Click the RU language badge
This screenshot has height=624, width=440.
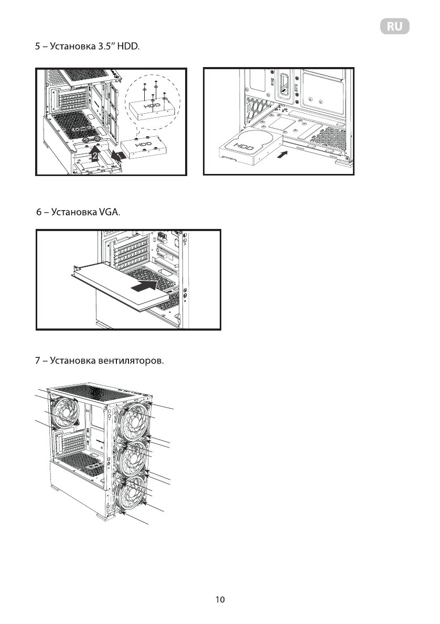394,27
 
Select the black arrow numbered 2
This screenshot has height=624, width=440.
94,153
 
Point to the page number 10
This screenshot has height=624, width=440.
220,599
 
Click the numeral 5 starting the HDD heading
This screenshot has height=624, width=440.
37,47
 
